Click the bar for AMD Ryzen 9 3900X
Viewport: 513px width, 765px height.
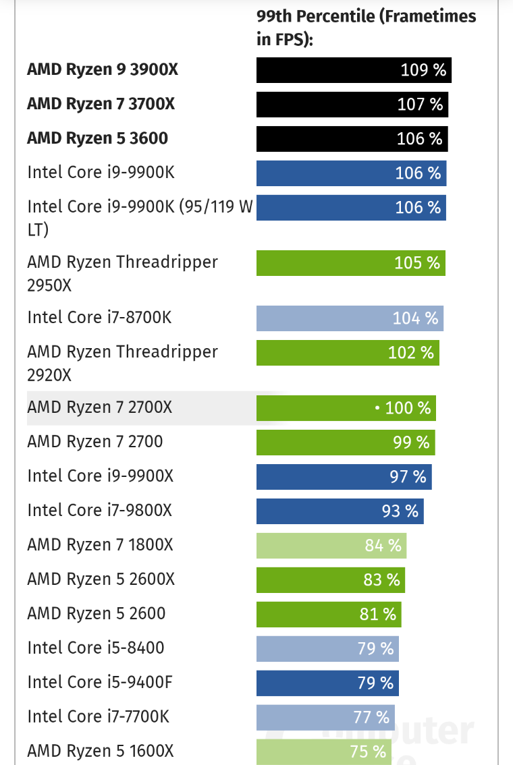coord(353,70)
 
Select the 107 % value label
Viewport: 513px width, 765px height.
coord(421,105)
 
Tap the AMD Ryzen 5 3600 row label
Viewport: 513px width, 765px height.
coord(97,138)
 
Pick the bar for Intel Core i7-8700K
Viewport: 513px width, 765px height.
coord(350,318)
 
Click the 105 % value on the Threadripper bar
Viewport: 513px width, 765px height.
coord(417,262)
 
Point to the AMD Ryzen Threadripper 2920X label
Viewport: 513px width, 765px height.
coord(122,363)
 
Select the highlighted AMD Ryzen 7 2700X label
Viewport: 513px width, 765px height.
coord(100,407)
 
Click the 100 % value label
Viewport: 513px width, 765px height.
coord(408,408)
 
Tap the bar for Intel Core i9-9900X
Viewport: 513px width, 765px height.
coord(344,476)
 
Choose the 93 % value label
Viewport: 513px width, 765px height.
coord(400,511)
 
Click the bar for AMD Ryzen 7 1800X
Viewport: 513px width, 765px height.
coord(331,545)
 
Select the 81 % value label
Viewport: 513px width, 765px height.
coord(378,615)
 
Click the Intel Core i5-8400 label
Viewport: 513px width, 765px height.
coord(96,648)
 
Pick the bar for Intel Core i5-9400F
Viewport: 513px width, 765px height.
coord(327,683)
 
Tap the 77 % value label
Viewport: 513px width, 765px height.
coord(371,717)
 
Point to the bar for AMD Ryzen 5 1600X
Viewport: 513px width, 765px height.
coord(323,752)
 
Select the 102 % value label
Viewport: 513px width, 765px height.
coord(411,353)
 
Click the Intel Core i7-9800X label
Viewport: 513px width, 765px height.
coord(100,511)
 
